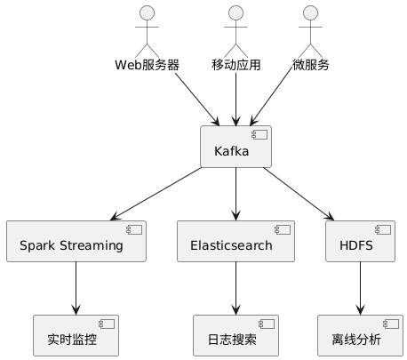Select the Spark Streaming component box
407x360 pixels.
point(76,240)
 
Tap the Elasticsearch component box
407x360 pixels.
point(235,240)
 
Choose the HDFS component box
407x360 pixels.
point(360,240)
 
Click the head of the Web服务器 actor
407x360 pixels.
point(147,13)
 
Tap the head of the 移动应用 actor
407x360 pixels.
point(235,13)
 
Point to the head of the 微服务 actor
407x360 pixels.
point(310,13)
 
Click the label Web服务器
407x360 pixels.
point(147,65)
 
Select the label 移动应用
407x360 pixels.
point(235,65)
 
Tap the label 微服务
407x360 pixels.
point(310,65)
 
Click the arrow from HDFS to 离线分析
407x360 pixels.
point(360,288)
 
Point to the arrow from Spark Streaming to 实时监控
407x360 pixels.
point(76,288)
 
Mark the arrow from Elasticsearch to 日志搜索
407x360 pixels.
point(235,288)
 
